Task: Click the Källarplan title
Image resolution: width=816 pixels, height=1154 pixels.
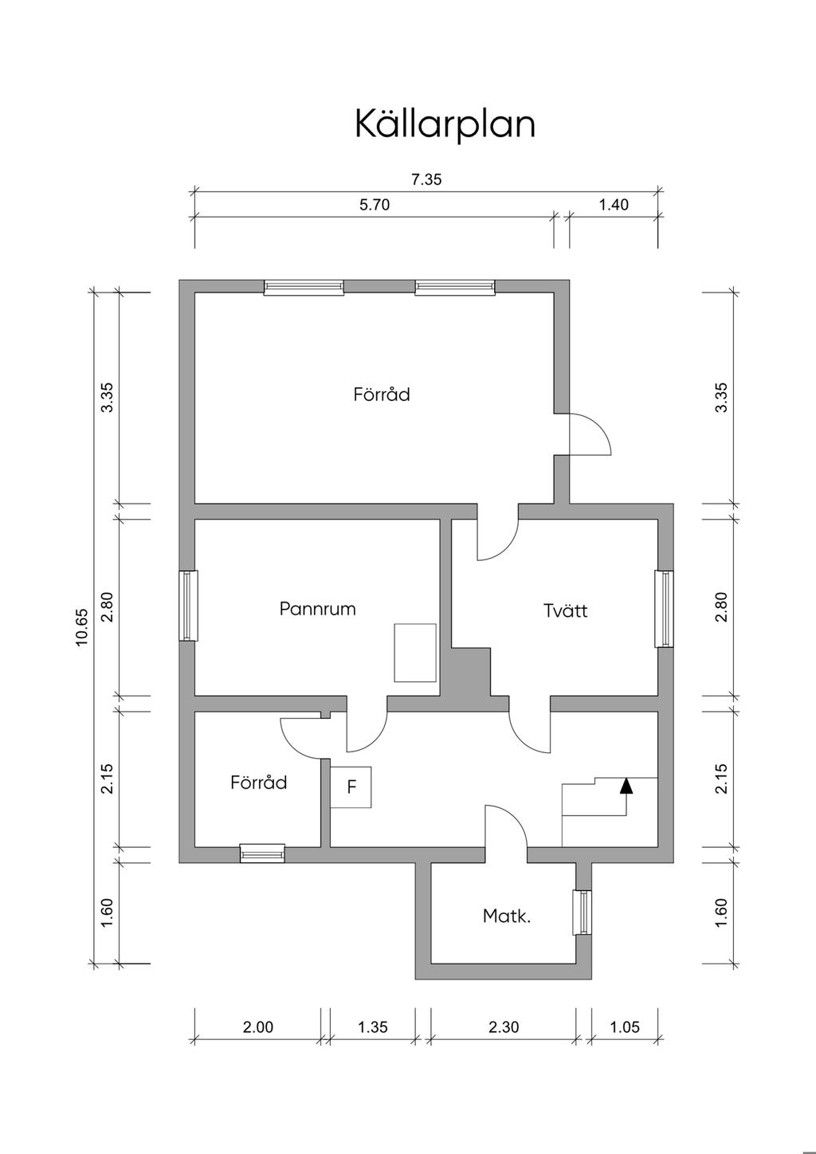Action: (445, 124)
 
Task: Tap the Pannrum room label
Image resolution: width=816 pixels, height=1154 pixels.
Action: (317, 609)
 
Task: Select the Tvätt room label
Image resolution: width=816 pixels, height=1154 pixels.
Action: (565, 611)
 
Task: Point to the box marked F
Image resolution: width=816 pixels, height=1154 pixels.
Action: (351, 787)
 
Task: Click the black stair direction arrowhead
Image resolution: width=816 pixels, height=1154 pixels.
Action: (626, 785)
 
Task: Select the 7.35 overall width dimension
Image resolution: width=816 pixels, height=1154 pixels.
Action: (426, 180)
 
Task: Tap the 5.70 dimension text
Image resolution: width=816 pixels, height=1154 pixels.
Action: (375, 205)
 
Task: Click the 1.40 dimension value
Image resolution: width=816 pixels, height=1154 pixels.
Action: (614, 205)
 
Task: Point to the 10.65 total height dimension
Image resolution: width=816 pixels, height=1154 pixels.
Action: (82, 627)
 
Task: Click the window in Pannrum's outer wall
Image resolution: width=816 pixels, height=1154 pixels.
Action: (188, 606)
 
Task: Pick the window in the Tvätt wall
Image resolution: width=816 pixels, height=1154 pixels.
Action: (665, 608)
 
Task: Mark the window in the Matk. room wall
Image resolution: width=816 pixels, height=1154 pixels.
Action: (583, 913)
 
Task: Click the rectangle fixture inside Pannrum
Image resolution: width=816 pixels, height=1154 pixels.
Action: (415, 653)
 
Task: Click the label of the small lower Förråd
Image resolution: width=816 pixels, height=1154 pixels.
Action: (259, 783)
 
